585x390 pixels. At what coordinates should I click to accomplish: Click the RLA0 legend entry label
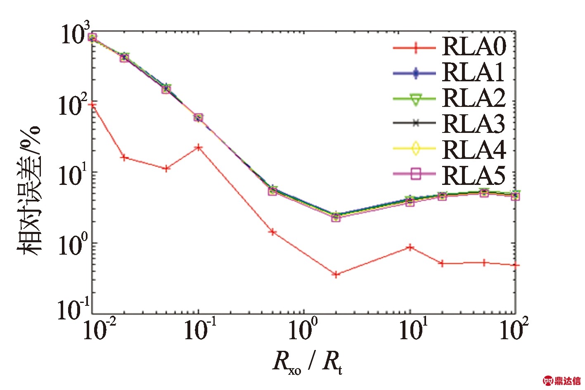tap(474, 46)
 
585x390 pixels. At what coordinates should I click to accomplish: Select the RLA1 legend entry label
tap(474, 72)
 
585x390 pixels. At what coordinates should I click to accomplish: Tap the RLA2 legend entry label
tap(474, 98)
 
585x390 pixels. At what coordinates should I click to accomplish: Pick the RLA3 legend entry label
tap(474, 123)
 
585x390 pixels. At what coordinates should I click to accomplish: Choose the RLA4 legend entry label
tap(474, 149)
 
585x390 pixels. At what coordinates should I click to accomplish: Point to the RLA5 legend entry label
tap(474, 175)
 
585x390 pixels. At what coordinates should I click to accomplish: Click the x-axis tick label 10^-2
tap(99, 330)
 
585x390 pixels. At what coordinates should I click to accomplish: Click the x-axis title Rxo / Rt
tap(307, 362)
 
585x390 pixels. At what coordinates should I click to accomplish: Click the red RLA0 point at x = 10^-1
tap(199, 147)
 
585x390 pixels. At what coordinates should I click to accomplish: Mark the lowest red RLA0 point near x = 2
tap(336, 274)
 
